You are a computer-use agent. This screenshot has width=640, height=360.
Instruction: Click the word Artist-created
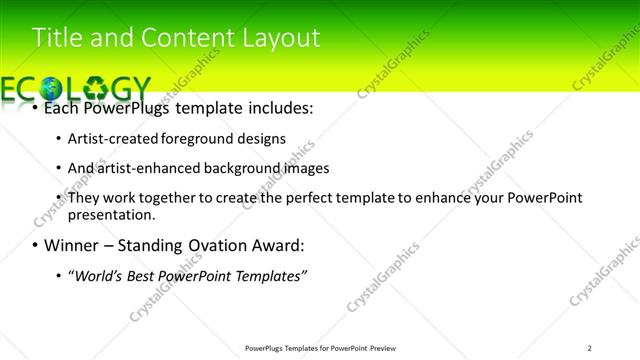(x=109, y=138)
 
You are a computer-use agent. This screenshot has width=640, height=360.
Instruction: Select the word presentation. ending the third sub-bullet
(x=111, y=214)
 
